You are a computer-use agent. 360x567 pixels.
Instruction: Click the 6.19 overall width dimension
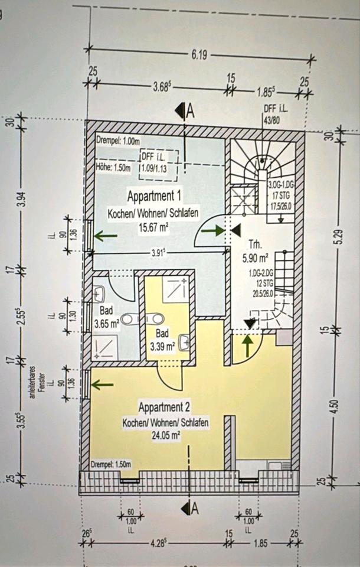pyautogui.click(x=199, y=56)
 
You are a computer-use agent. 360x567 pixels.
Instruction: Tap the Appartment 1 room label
pyautogui.click(x=155, y=195)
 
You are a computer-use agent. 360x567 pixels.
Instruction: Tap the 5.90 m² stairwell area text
pyautogui.click(x=256, y=258)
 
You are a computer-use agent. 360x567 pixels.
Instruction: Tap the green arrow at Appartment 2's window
pyautogui.click(x=103, y=385)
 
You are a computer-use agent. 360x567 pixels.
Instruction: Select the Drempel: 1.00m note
pyautogui.click(x=117, y=141)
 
